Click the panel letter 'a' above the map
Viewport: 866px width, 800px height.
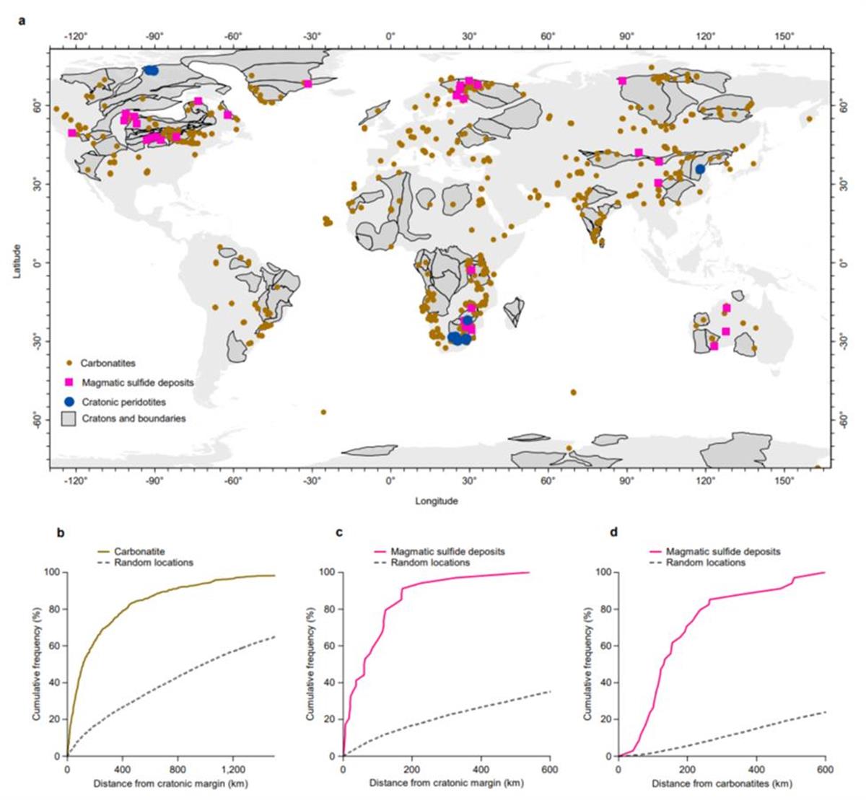click(x=22, y=20)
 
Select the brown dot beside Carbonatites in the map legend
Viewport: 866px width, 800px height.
click(x=69, y=363)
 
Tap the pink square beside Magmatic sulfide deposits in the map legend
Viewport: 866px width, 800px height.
click(x=69, y=382)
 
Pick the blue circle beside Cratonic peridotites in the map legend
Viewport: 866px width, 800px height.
click(x=69, y=401)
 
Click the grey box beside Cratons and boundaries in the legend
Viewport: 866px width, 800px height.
click(x=69, y=418)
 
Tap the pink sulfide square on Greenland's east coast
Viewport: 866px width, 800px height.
click(x=307, y=84)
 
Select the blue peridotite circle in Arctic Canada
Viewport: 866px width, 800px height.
click(x=152, y=70)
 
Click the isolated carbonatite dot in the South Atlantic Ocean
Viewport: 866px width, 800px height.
click(x=323, y=412)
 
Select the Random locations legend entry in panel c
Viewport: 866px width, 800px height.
click(x=430, y=563)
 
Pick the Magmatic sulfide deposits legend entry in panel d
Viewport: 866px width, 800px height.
click(x=722, y=552)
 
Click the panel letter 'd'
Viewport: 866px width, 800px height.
click(x=613, y=534)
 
